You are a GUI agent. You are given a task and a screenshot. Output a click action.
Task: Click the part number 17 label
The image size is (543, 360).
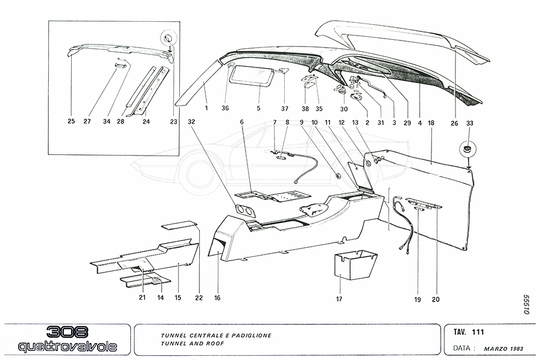(x=339, y=298)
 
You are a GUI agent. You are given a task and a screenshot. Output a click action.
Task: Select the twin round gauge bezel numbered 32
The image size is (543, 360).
(x=243, y=210)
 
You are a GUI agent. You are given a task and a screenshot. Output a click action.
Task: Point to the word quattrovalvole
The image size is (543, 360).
(x=67, y=346)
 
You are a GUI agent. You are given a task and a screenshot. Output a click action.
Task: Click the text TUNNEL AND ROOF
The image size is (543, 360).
(x=191, y=343)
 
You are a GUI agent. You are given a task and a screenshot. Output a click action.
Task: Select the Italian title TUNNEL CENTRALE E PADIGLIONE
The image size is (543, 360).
(x=215, y=335)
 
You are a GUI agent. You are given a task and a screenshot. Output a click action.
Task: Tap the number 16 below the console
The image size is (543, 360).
(x=217, y=298)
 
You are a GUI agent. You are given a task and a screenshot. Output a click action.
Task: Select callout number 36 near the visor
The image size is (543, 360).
(x=225, y=109)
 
